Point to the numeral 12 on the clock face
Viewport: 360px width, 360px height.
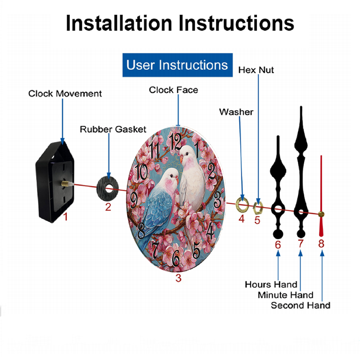click(176, 141)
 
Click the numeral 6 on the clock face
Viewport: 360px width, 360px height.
click(176, 258)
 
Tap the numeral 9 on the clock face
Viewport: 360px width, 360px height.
click(134, 200)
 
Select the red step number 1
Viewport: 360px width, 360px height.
click(66, 217)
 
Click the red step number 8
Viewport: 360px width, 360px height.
click(321, 244)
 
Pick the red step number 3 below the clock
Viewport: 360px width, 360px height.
click(179, 278)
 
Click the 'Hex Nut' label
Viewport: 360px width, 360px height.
click(256, 70)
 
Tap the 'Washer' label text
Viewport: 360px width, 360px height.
click(236, 112)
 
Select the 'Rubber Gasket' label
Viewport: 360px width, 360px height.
click(113, 129)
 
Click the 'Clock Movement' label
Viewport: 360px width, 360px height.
click(65, 94)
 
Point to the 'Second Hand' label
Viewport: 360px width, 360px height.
click(301, 305)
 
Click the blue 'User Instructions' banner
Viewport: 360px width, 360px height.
click(177, 65)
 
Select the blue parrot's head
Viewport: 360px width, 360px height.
click(170, 176)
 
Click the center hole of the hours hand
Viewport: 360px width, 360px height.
click(278, 209)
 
